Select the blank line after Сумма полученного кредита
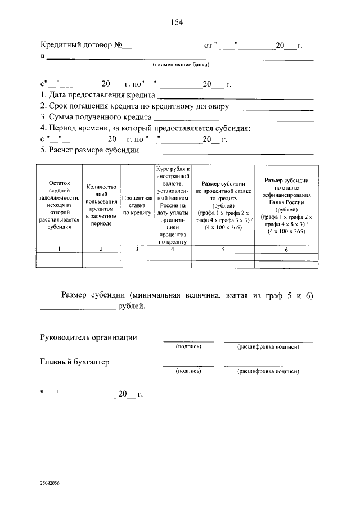[x=233, y=119]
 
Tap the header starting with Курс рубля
[x=173, y=205]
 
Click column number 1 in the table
[x=60, y=249]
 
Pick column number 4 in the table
[x=173, y=249]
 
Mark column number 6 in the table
[x=286, y=249]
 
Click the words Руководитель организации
[x=88, y=337]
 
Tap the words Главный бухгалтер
[x=74, y=362]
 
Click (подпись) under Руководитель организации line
[x=188, y=347]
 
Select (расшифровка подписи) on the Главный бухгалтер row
[x=268, y=372]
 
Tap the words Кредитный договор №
[x=81, y=44]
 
